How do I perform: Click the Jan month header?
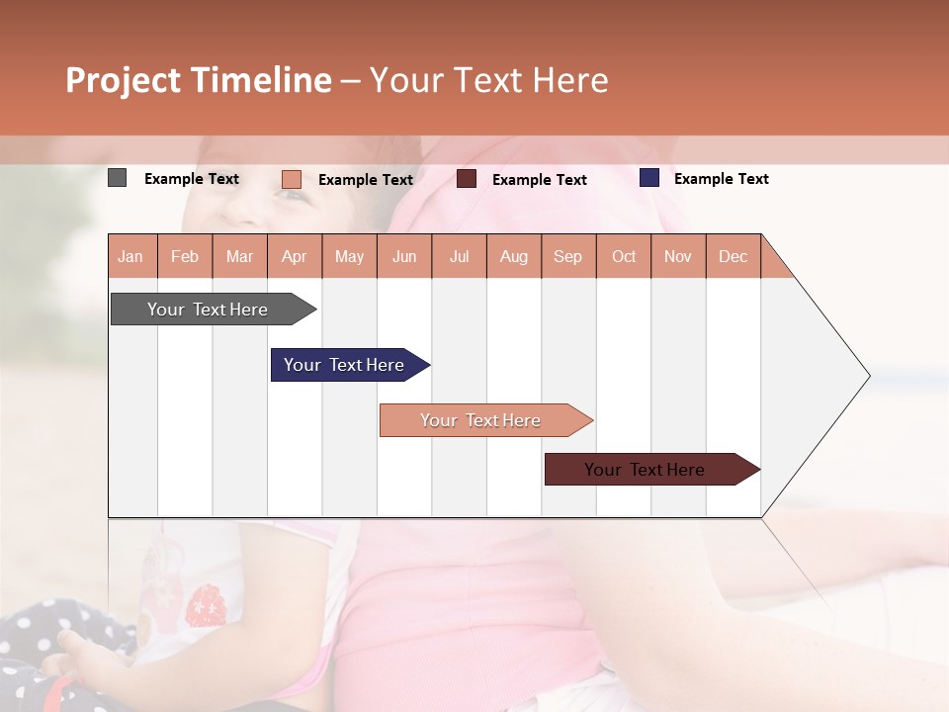131,256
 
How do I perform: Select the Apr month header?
295,256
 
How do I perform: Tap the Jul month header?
460,256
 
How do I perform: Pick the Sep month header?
568,256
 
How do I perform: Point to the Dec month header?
733,256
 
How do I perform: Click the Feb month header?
185,256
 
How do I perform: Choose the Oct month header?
624,256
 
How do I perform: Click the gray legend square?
117,178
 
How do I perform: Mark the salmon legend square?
291,179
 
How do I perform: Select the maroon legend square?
467,179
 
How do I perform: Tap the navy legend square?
649,178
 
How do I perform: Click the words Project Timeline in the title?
199,80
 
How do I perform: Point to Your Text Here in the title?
488,80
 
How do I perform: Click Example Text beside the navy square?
721,179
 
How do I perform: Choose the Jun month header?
404,256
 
